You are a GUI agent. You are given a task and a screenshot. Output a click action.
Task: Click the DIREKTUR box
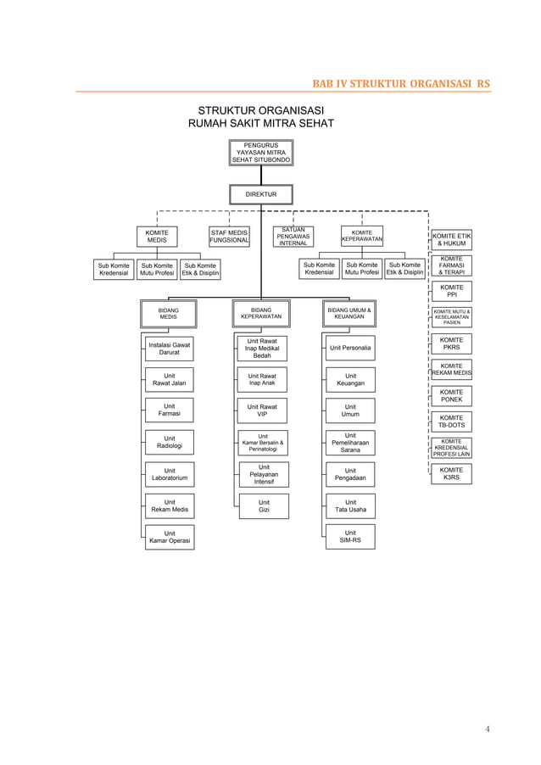pyautogui.click(x=261, y=194)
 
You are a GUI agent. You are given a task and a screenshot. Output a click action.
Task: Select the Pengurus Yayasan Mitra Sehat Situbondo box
pyautogui.click(x=261, y=153)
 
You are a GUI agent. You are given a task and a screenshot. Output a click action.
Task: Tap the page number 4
pyautogui.click(x=488, y=728)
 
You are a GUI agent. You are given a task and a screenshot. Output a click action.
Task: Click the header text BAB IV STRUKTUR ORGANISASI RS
pyautogui.click(x=400, y=83)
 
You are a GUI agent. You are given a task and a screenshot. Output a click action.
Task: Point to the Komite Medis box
pyautogui.click(x=157, y=237)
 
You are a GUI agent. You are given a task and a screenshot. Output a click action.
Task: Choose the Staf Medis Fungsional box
pyautogui.click(x=229, y=237)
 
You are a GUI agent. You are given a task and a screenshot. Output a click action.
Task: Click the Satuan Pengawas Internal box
pyautogui.click(x=293, y=237)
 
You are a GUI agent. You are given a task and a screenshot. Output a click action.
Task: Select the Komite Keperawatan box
pyautogui.click(x=362, y=237)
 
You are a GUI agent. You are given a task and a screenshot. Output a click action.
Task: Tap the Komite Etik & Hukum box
pyautogui.click(x=451, y=239)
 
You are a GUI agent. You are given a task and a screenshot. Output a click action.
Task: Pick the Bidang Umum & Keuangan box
pyautogui.click(x=349, y=314)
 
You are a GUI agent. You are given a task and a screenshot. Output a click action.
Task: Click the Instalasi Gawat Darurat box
pyautogui.click(x=170, y=349)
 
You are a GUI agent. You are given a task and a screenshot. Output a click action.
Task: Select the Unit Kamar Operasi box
pyautogui.click(x=170, y=537)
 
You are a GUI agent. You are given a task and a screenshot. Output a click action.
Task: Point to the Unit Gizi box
pyautogui.click(x=264, y=506)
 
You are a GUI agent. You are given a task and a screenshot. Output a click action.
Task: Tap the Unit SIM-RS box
pyautogui.click(x=350, y=537)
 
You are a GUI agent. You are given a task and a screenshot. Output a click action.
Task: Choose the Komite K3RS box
pyautogui.click(x=451, y=473)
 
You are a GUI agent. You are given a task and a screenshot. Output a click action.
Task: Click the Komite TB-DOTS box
pyautogui.click(x=451, y=422)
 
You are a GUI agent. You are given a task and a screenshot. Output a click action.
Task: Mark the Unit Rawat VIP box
pyautogui.click(x=263, y=410)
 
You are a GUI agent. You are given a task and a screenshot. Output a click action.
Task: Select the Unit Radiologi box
pyautogui.click(x=170, y=442)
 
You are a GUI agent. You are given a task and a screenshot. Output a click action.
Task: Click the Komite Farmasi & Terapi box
pyautogui.click(x=451, y=265)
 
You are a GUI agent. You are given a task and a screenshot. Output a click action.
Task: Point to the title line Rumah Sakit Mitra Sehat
pyautogui.click(x=261, y=125)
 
